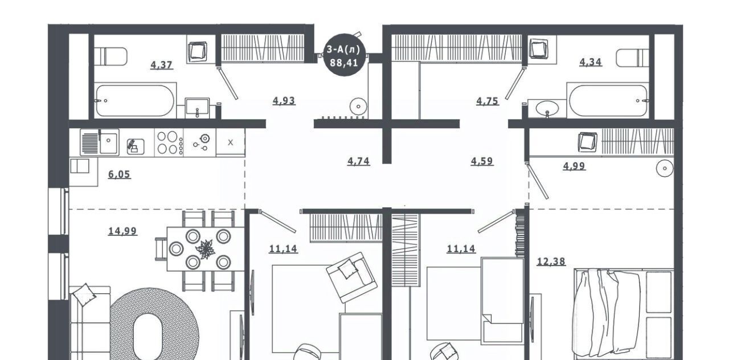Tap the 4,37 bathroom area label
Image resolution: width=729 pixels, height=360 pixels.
click(x=161, y=65)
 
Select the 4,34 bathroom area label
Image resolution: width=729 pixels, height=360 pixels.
click(x=591, y=62)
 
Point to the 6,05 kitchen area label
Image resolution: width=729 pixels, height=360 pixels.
click(x=119, y=174)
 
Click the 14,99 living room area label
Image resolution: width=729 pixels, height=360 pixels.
click(x=122, y=231)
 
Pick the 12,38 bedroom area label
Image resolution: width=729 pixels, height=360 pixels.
click(x=551, y=261)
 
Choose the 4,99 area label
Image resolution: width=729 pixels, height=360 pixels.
click(x=574, y=166)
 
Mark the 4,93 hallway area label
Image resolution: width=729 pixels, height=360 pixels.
click(x=284, y=101)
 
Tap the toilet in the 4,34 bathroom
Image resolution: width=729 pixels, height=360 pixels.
click(x=632, y=58)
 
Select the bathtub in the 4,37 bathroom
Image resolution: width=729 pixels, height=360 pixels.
click(x=135, y=101)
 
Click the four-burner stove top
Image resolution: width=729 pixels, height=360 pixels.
click(x=169, y=142)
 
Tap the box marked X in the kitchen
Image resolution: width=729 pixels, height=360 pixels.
click(x=231, y=142)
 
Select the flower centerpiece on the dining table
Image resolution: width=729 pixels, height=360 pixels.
click(x=205, y=249)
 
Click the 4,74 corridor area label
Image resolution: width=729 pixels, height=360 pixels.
click(x=358, y=161)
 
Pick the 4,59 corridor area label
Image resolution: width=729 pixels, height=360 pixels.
click(x=482, y=161)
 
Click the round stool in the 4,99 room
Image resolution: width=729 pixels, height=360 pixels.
click(x=665, y=168)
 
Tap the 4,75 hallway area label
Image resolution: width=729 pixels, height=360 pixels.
click(x=487, y=101)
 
